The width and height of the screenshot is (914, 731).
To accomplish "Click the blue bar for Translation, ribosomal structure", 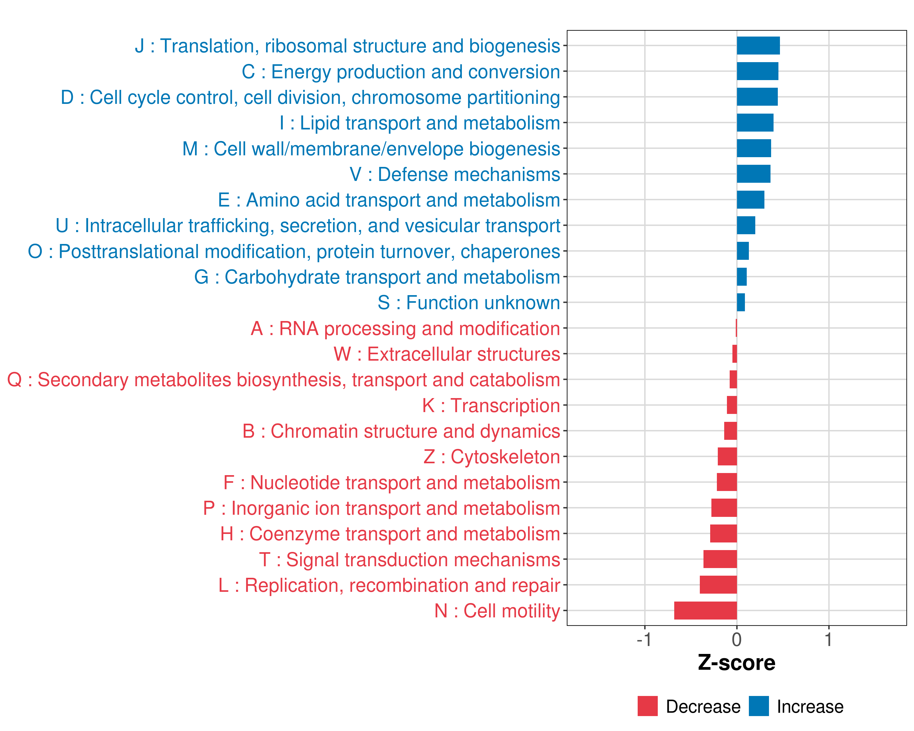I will tap(758, 46).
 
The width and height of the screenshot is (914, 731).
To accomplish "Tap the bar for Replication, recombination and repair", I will tap(718, 585).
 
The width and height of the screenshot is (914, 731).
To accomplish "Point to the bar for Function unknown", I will tap(741, 302).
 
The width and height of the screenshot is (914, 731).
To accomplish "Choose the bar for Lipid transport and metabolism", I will tap(755, 123).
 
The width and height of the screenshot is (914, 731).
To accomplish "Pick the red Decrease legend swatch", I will tap(647, 706).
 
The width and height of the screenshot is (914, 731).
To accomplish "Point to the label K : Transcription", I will tap(491, 405).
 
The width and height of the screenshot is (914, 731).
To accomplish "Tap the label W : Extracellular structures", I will tap(447, 354).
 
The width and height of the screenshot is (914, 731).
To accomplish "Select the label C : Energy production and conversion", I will tap(401, 72).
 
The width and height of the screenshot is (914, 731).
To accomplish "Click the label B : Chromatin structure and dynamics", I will tap(401, 431).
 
